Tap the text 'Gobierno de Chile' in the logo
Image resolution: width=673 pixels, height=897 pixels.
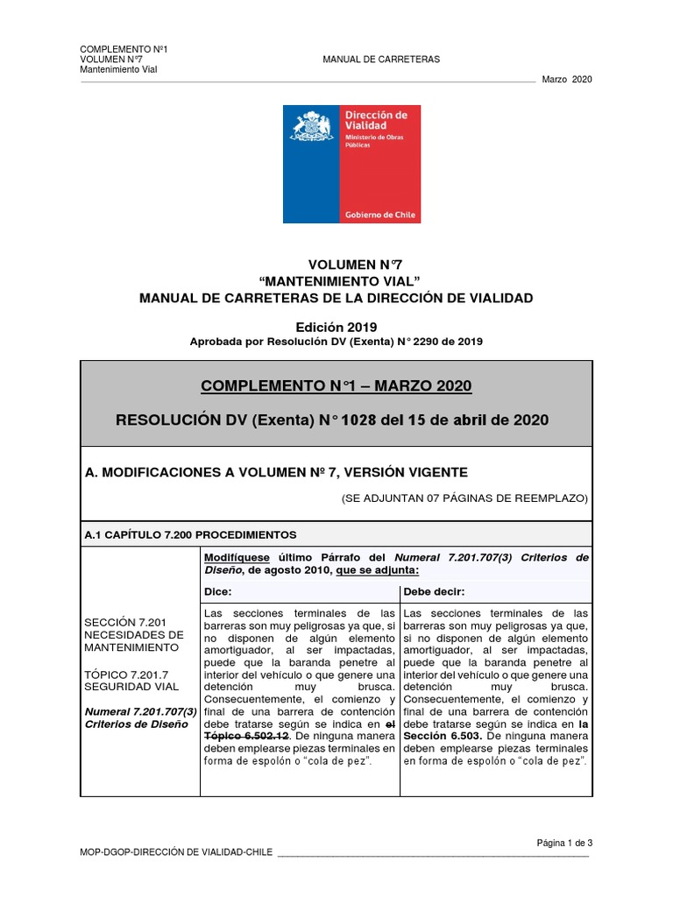(x=381, y=215)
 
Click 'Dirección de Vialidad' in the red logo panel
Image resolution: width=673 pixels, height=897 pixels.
(x=377, y=120)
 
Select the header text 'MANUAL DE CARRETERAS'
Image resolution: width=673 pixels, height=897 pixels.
(x=381, y=60)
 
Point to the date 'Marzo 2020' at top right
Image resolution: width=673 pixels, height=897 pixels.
(x=568, y=80)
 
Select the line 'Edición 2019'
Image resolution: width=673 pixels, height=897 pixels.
(x=336, y=326)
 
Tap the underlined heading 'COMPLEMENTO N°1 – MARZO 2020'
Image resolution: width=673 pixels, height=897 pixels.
(x=336, y=386)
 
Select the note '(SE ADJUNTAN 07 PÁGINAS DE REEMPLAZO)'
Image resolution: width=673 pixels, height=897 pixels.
(x=464, y=498)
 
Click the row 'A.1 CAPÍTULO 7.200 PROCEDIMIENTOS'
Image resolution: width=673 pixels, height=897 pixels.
(x=190, y=533)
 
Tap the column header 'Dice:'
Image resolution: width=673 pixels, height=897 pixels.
(x=216, y=591)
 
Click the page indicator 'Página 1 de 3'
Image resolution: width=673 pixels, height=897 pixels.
(x=564, y=843)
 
